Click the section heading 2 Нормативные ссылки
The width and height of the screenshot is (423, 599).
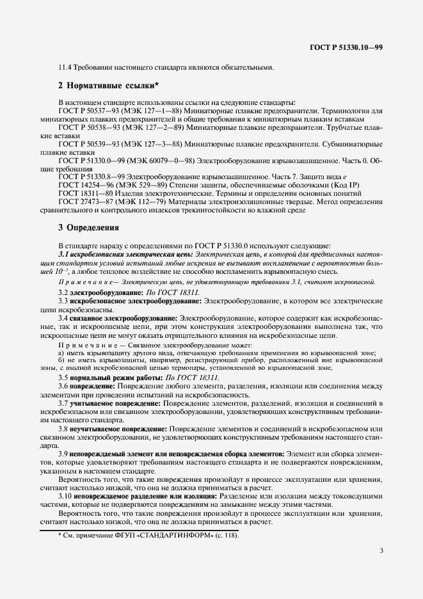tap(108, 85)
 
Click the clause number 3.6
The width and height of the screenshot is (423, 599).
tap(63, 387)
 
